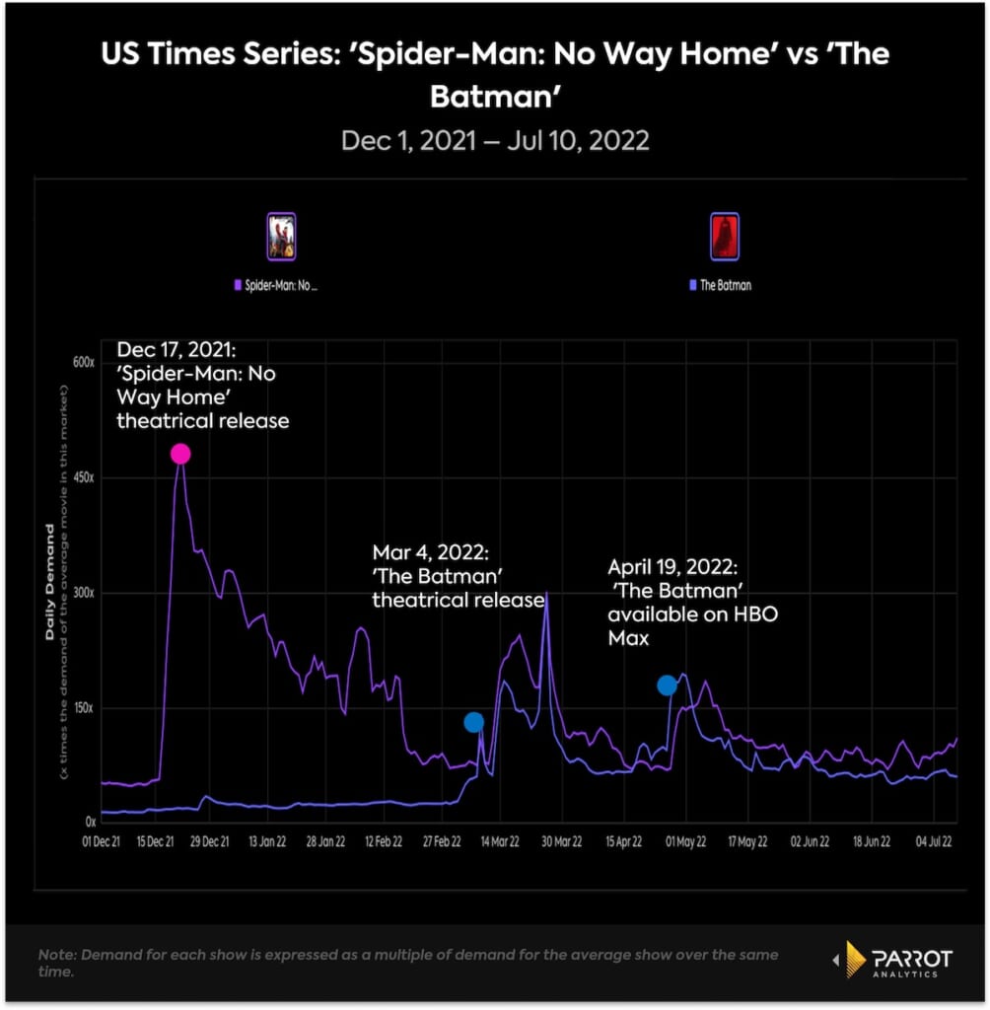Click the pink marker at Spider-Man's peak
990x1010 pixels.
[x=179, y=454]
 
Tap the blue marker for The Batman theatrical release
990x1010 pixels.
[x=474, y=722]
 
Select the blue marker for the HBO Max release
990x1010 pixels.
[x=668, y=685]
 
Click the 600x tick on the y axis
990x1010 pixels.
[x=82, y=362]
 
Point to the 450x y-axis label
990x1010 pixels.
[x=82, y=477]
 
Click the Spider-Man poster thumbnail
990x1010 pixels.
[x=282, y=237]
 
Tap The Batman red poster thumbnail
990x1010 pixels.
[x=725, y=237]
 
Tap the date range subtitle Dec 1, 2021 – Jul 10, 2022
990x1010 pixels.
[x=495, y=140]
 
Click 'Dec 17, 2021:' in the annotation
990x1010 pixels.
[x=178, y=350]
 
